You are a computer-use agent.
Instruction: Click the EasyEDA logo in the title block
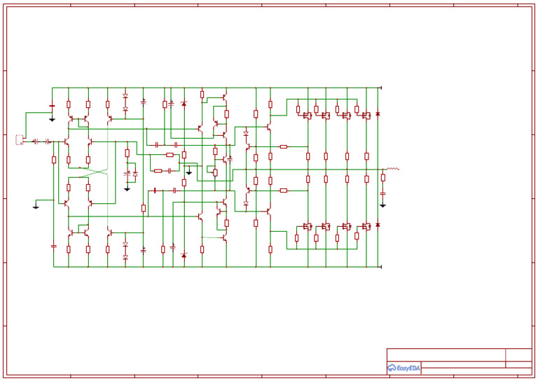click(403, 368)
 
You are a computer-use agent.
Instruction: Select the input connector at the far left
click(20, 140)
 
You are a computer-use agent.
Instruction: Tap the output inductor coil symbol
click(392, 169)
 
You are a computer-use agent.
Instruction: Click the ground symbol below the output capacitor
click(382, 205)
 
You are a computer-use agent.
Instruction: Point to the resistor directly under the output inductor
click(382, 178)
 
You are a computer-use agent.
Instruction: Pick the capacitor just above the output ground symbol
click(382, 193)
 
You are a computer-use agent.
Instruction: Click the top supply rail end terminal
click(380, 88)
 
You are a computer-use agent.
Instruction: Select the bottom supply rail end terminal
click(380, 267)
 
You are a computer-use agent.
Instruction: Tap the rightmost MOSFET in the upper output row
click(366, 116)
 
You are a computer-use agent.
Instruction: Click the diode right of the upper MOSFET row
click(378, 113)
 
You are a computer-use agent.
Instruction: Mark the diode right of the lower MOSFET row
click(378, 225)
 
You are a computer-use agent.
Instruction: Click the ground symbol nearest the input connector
click(52, 119)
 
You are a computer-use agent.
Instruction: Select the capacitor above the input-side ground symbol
click(52, 106)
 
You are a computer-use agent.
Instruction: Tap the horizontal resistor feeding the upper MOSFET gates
click(284, 146)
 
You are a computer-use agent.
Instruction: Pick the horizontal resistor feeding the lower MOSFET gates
click(284, 190)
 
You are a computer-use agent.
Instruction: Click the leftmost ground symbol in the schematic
click(36, 207)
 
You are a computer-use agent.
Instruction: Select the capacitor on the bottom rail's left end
click(54, 247)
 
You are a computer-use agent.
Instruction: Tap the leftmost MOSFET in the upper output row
click(308, 116)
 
